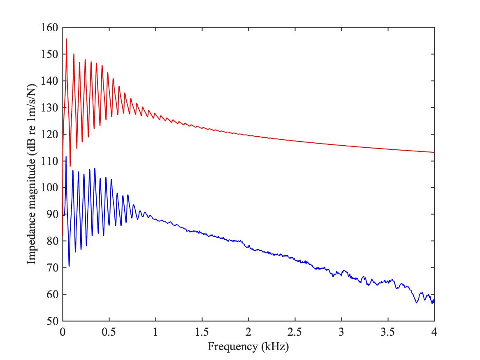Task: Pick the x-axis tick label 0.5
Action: coord(109,331)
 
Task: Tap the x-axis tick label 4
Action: coord(434,331)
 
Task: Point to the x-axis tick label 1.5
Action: coord(202,331)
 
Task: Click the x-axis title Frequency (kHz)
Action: coord(248,346)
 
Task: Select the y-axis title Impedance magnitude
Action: coord(31,174)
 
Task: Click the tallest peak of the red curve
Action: coord(66,39)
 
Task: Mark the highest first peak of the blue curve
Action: coord(66,157)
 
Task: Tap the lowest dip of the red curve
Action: coord(70,166)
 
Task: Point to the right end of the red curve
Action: coord(434,152)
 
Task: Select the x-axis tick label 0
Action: coord(63,331)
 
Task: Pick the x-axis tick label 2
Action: coord(248,331)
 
